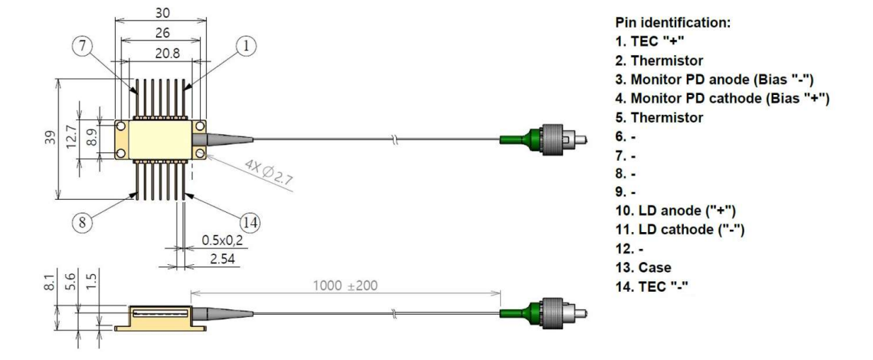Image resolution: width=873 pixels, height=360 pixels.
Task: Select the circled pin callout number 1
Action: (246, 46)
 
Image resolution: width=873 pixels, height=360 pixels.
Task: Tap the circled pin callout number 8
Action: (83, 223)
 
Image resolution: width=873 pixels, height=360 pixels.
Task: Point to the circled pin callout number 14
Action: (250, 224)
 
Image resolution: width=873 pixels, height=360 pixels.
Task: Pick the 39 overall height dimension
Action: (51, 138)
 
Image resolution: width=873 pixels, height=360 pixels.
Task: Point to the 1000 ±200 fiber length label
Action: (345, 286)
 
